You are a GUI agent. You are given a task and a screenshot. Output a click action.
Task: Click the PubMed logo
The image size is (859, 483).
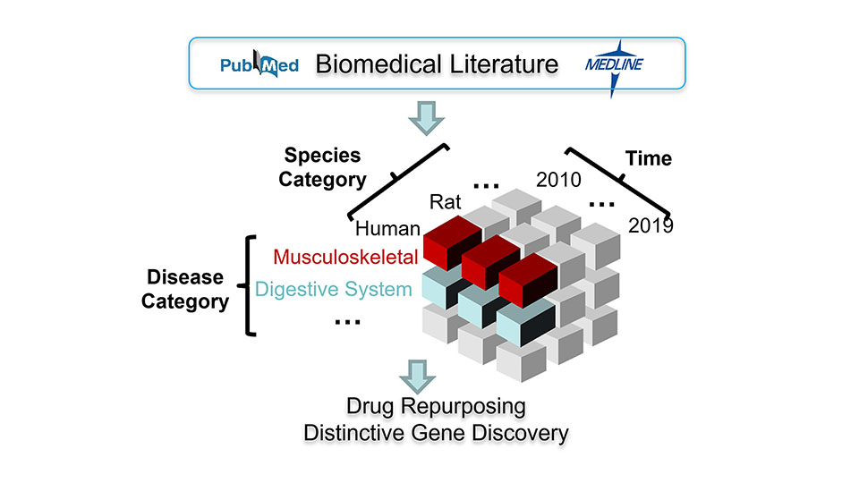[259, 64]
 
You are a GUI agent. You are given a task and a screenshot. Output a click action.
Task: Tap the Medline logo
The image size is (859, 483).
[614, 66]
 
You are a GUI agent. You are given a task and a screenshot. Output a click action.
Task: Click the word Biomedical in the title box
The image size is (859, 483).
[378, 64]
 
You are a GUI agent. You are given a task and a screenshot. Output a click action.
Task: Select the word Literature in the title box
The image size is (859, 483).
[505, 64]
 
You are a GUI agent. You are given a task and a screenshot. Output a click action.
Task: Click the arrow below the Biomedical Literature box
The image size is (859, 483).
[426, 118]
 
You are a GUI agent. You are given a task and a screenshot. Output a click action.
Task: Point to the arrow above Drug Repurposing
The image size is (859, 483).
[418, 377]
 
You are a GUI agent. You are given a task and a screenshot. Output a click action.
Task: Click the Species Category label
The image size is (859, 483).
[322, 167]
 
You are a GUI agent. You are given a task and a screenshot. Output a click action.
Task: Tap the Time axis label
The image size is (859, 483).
[649, 158]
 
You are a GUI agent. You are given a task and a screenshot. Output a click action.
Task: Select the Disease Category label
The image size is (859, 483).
[185, 289]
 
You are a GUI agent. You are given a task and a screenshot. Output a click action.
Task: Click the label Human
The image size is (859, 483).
[387, 228]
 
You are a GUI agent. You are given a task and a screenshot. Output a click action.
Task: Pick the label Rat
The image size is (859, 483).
[445, 202]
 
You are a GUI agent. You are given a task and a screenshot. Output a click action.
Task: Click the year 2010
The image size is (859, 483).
[558, 180]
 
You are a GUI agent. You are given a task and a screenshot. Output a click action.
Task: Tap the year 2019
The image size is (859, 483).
[651, 225]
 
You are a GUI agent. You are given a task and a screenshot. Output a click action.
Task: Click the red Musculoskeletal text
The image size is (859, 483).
[345, 257]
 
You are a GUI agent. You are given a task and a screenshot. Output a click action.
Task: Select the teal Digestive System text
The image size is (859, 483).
[334, 289]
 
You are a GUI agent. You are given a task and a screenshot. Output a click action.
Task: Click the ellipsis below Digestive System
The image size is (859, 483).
[347, 322]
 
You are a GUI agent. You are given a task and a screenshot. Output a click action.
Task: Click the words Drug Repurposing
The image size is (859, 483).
[436, 406]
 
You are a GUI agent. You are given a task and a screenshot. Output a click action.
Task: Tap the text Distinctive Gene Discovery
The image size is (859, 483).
[436, 433]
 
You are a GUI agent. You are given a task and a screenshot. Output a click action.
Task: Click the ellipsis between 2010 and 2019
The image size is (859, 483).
[601, 205]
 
